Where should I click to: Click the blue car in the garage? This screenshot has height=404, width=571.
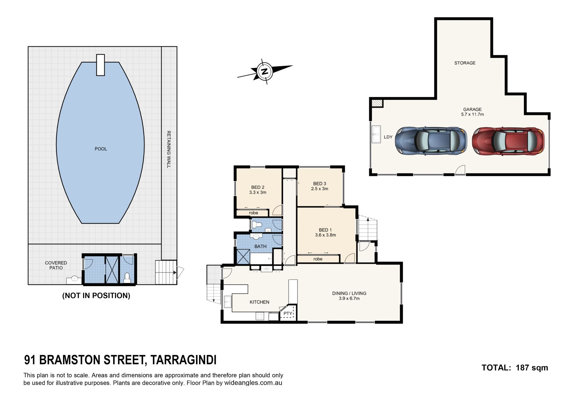coord(431,141)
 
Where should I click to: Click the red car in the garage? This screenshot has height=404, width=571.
coord(508,141)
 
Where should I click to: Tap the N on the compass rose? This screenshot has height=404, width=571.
coord(265,71)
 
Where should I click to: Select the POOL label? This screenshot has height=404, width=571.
coord(101,149)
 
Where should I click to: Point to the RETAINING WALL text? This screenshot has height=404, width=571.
coord(169,149)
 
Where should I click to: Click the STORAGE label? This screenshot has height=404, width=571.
coord(465,63)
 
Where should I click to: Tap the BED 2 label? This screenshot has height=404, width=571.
coord(258,187)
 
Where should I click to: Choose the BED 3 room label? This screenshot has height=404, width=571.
coord(320,184)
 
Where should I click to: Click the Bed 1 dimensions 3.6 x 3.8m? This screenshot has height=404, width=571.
coord(325,235)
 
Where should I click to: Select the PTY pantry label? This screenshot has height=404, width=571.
coord(288,313)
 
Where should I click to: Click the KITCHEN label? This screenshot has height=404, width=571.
coord(259,302)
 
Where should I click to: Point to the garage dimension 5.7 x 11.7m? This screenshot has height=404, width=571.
coord(472,114)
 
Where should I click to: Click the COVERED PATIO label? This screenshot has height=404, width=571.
coord(56,265)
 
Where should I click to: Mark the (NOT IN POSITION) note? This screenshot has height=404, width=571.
coord(96,296)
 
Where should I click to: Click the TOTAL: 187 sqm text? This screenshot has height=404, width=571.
coord(515,368)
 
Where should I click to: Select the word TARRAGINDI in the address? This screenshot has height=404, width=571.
coord(183,360)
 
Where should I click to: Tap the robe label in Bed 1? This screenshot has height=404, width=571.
coord(318,259)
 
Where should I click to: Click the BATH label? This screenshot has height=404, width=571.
coord(260,247)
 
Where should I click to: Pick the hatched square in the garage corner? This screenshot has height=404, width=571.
coord(377,103)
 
